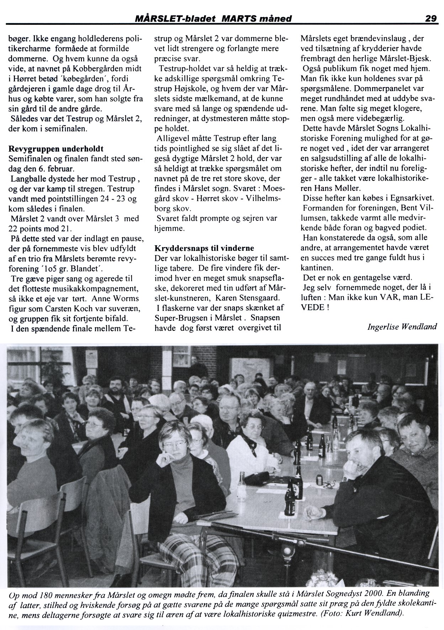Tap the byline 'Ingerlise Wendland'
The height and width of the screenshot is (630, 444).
point(402,327)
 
